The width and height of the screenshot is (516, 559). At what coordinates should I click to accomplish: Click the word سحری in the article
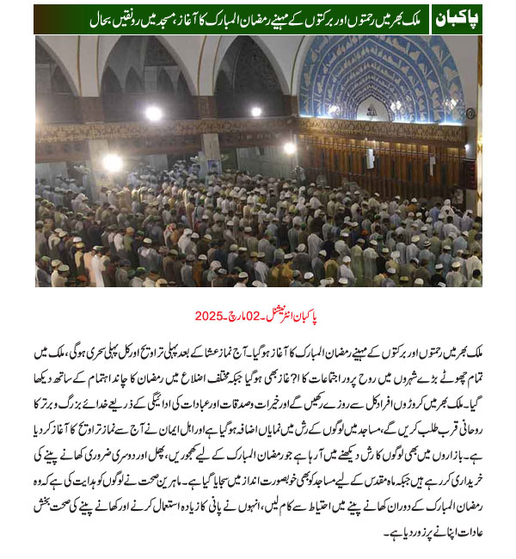point(97,352)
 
